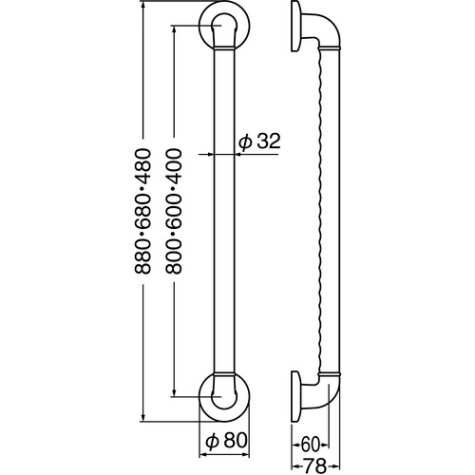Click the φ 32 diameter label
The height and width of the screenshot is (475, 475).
(x=259, y=142)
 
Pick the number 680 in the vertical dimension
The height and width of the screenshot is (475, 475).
(x=143, y=215)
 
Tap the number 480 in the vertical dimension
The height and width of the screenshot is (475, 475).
(x=143, y=174)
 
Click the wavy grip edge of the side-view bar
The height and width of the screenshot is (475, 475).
(x=323, y=209)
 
